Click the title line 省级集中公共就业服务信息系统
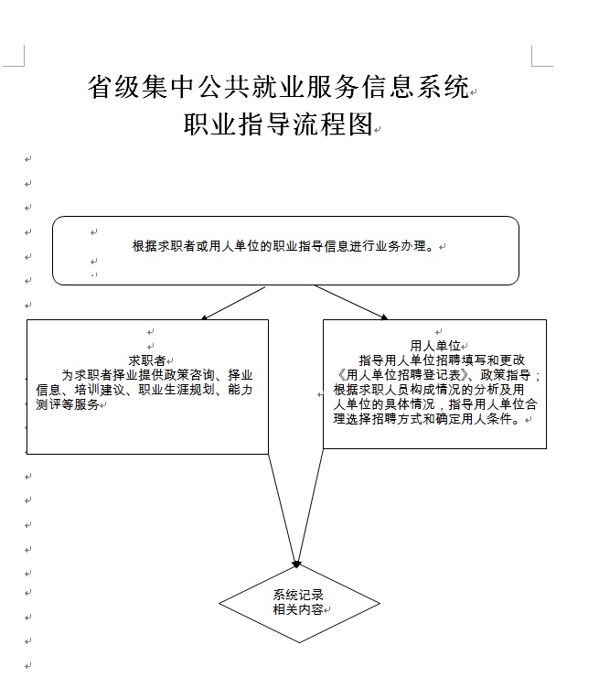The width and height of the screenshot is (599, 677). tap(278, 87)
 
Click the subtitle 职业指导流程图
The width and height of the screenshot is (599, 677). tap(278, 124)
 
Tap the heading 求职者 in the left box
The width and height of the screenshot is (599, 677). tap(147, 360)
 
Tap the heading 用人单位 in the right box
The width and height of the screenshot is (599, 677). tap(435, 346)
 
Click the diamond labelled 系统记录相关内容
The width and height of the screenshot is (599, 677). tap(299, 603)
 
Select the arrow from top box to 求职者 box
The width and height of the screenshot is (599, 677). tap(233, 303)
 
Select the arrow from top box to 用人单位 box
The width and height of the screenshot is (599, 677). tap(351, 302)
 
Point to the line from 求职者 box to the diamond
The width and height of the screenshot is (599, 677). tap(283, 509)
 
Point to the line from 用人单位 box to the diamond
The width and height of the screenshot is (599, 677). tap(310, 507)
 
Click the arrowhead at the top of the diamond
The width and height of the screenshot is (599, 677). tap(297, 564)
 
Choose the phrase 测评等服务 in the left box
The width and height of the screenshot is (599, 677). tap(68, 404)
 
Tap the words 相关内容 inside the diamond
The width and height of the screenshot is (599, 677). tap(298, 609)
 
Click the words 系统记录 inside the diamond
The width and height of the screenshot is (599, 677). tap(298, 595)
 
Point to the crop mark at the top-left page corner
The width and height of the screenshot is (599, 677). tap(24, 66)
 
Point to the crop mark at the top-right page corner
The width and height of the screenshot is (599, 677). tap(532, 66)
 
